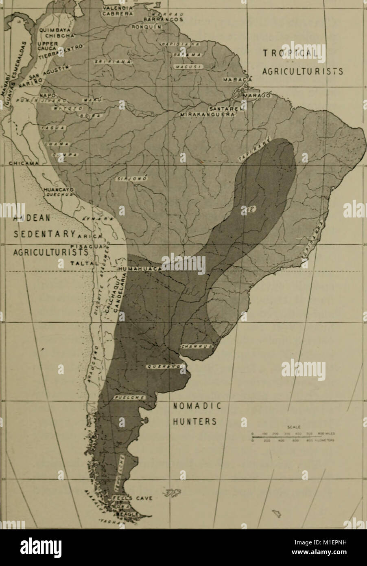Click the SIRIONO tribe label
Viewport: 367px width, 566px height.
click(x=129, y=179)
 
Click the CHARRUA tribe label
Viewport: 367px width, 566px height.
click(x=196, y=347)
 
